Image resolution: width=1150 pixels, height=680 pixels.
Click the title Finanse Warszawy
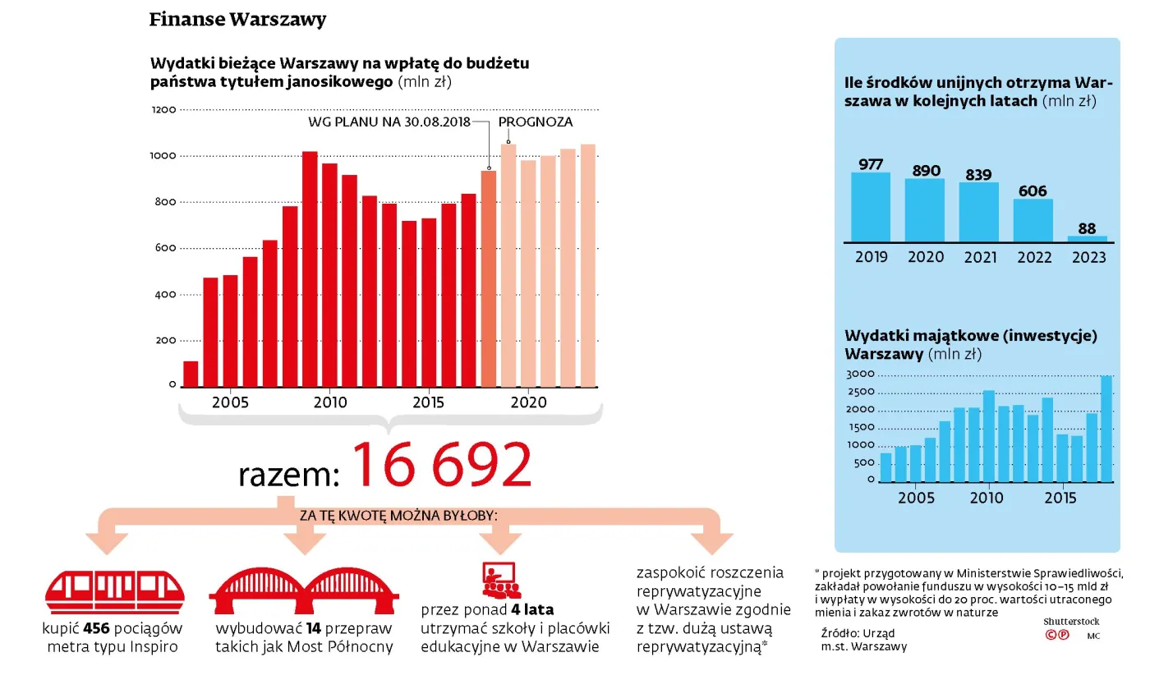(237, 20)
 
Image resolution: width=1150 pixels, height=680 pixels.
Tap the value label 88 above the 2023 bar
(1088, 228)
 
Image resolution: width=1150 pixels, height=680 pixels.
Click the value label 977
(871, 164)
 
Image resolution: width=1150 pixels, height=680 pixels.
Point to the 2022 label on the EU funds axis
(1034, 258)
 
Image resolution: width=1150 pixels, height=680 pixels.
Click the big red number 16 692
(443, 466)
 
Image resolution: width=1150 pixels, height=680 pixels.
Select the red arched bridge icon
(304, 590)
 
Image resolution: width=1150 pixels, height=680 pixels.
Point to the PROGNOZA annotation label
(536, 122)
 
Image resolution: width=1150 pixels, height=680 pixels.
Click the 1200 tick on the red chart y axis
(163, 110)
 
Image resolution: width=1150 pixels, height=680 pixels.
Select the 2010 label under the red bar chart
(329, 403)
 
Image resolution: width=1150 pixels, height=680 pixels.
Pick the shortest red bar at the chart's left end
(191, 374)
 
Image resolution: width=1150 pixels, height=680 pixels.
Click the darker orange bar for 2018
(489, 278)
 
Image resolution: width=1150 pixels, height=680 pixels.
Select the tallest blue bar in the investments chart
(1106, 429)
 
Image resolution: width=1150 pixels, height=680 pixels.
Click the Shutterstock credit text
(1071, 622)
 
